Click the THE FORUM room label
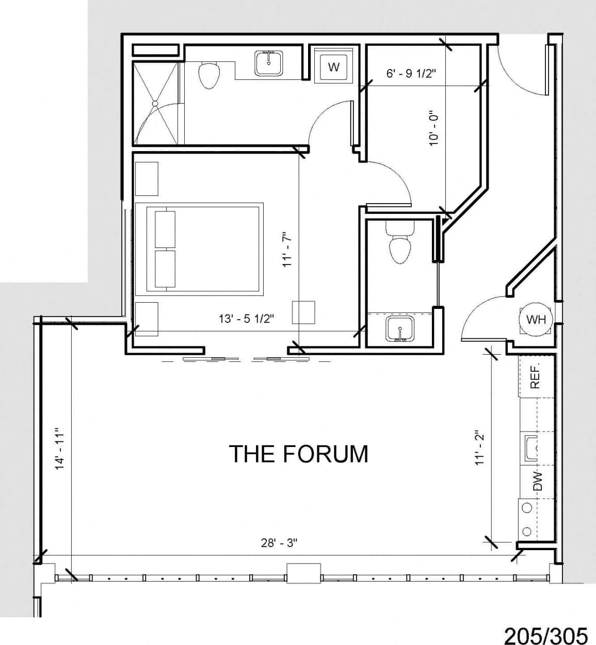(298, 454)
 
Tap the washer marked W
(334, 67)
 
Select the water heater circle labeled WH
(535, 320)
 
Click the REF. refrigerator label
(535, 376)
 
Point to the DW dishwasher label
(537, 481)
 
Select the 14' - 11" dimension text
(60, 448)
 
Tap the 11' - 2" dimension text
(480, 448)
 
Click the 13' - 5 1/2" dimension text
(246, 319)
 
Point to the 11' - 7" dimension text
(287, 249)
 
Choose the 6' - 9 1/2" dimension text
(411, 73)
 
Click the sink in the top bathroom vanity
(268, 63)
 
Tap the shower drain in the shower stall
(154, 104)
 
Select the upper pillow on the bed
(165, 229)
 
